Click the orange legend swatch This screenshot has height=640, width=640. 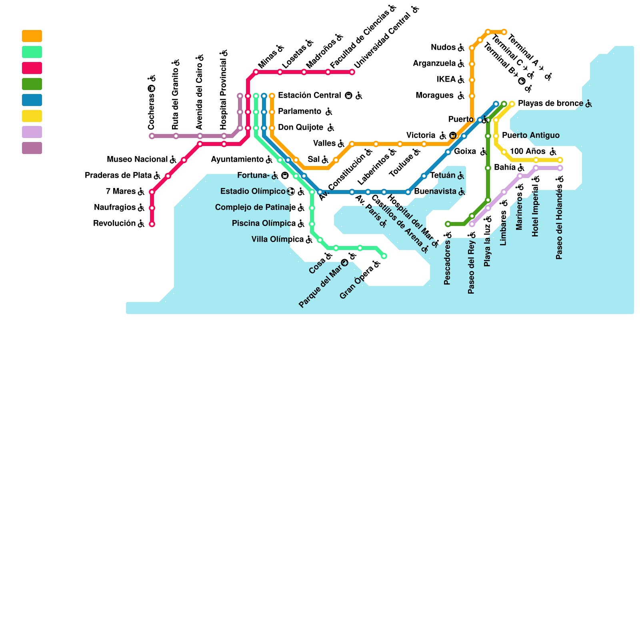(32, 36)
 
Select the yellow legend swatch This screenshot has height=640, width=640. (32, 116)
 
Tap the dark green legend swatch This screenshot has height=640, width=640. (32, 84)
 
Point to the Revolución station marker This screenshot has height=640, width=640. (152, 224)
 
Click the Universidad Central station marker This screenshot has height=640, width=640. (352, 72)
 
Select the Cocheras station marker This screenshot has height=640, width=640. (152, 136)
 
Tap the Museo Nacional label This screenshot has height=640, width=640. (137, 160)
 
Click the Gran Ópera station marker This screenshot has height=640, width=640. (384, 256)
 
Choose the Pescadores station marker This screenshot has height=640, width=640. (448, 224)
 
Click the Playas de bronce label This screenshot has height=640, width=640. (550, 104)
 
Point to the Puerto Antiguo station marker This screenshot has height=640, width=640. (496, 136)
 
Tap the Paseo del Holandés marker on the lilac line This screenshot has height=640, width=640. (560, 168)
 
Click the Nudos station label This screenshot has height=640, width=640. (443, 48)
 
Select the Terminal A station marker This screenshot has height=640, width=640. (504, 32)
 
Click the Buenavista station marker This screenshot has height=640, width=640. (408, 192)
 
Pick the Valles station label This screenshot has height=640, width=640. (324, 144)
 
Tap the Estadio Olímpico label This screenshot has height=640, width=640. (253, 192)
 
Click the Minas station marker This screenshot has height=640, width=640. (256, 72)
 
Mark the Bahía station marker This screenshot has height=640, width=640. (488, 168)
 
